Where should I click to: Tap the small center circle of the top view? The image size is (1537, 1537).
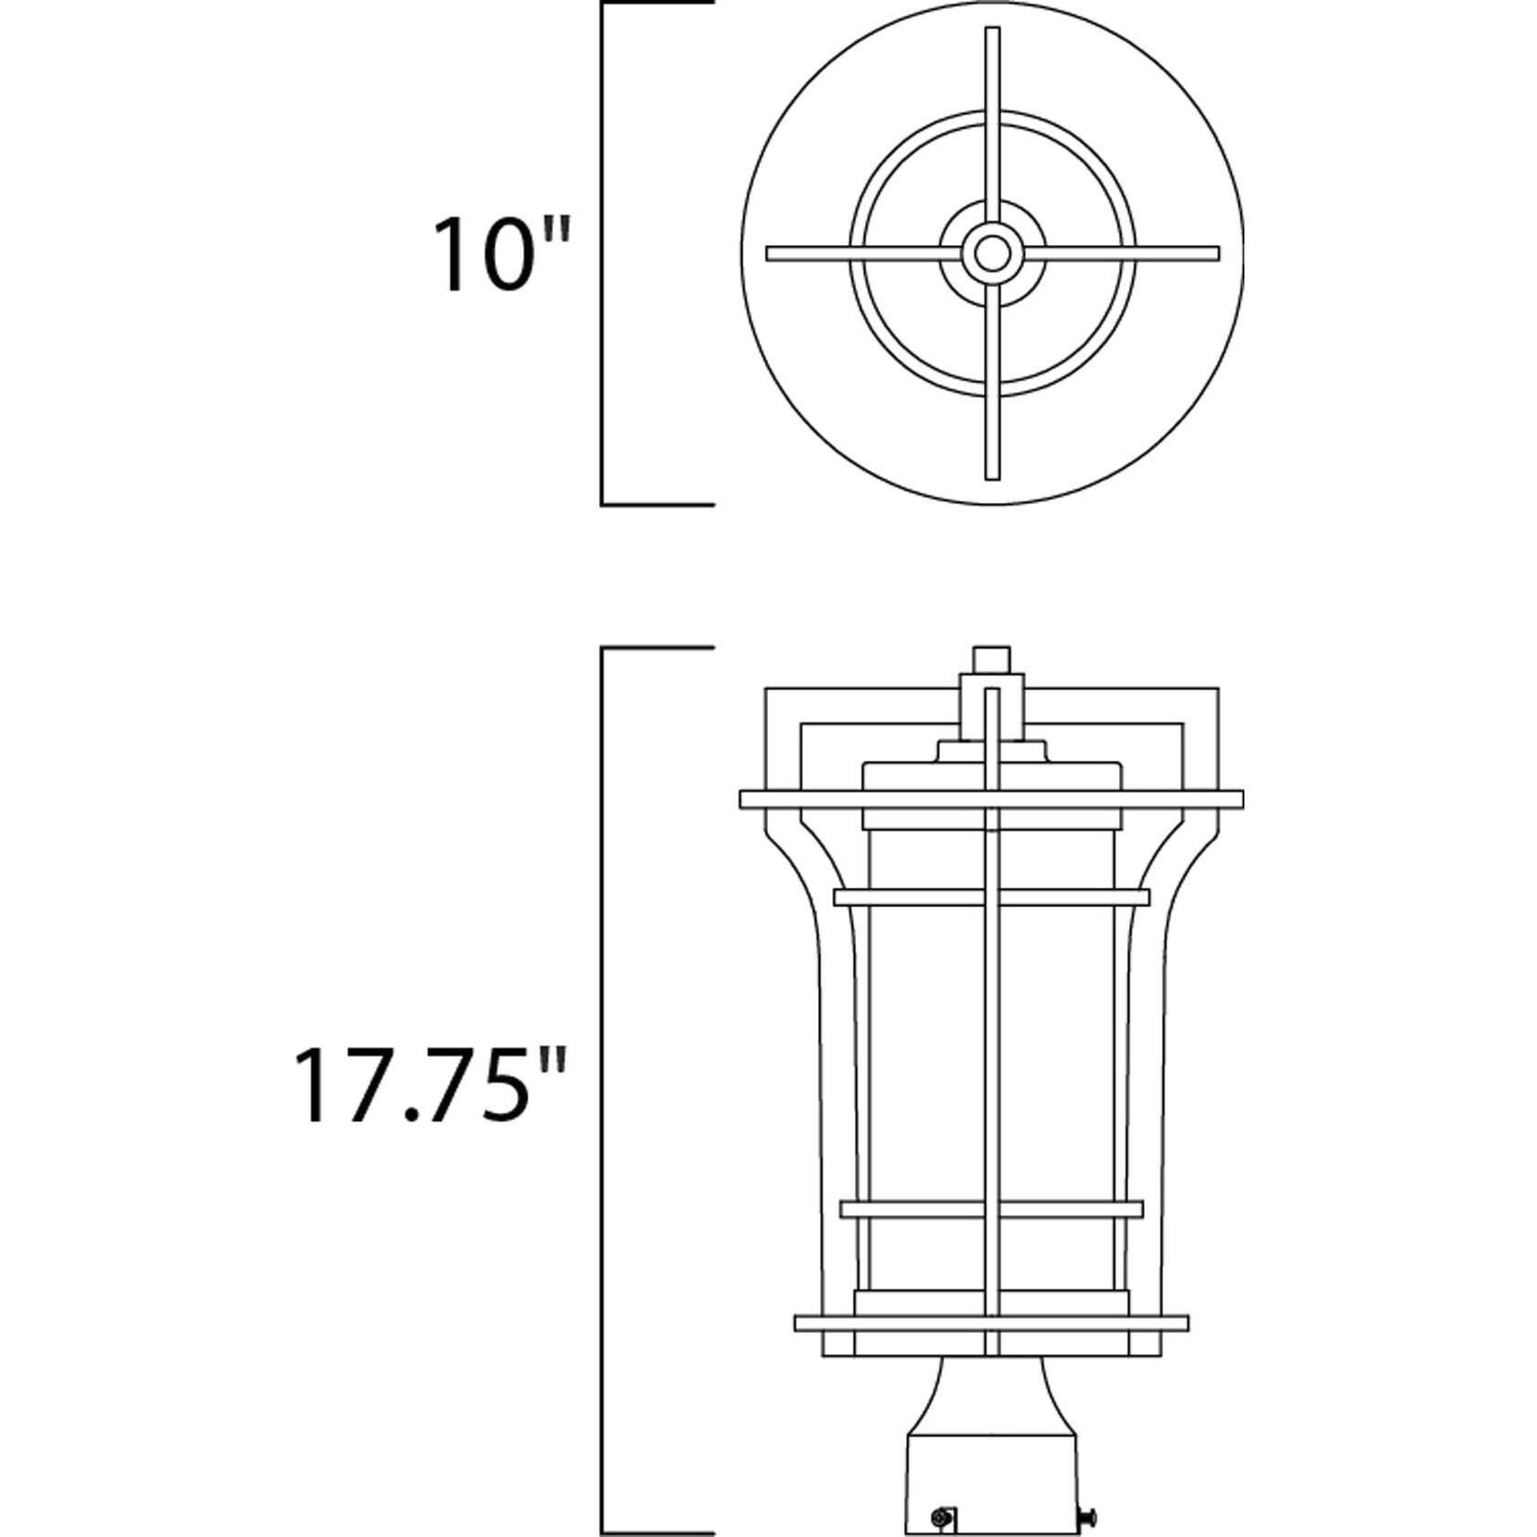click(x=992, y=253)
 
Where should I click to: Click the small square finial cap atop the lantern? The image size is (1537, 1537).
click(x=992, y=659)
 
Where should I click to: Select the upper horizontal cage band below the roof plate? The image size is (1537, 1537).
click(x=992, y=897)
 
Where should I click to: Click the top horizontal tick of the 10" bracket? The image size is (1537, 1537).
click(x=656, y=4)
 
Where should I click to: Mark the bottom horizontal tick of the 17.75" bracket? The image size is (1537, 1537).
click(x=656, y=1533)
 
